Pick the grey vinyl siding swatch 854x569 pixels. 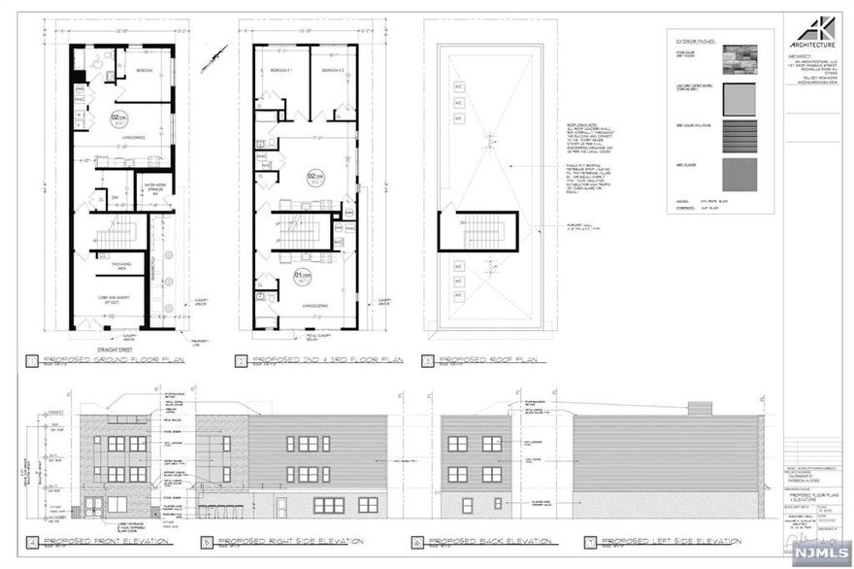tap(742, 138)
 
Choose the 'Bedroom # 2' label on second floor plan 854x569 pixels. tap(333, 72)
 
